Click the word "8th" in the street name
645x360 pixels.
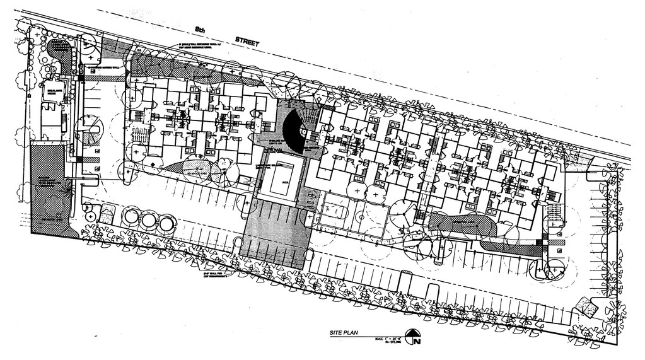pyautogui.click(x=200, y=29)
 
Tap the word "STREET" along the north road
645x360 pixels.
pyautogui.click(x=247, y=40)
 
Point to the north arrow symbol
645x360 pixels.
pyautogui.click(x=413, y=339)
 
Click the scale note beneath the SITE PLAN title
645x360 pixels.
pyautogui.click(x=382, y=340)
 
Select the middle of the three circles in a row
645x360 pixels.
pyautogui.click(x=148, y=221)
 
